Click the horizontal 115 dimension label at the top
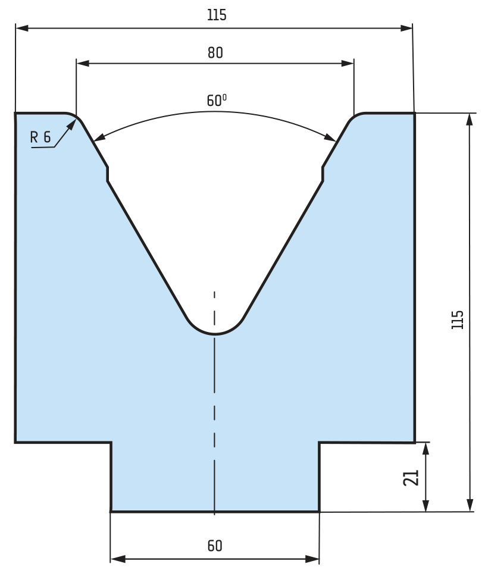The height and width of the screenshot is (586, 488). tap(217, 15)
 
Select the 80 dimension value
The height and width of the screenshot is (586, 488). tap(215, 53)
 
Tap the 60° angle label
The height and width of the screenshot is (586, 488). tap(217, 100)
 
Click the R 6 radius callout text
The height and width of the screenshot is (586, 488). tap(40, 137)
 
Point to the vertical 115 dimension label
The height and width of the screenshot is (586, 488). tap(457, 319)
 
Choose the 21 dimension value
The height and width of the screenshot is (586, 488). tap(411, 478)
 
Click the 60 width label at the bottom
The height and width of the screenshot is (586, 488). tap(215, 546)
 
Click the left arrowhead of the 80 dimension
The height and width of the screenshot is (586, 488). tap(83, 64)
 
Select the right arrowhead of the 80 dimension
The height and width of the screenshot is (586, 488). tap(348, 64)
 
